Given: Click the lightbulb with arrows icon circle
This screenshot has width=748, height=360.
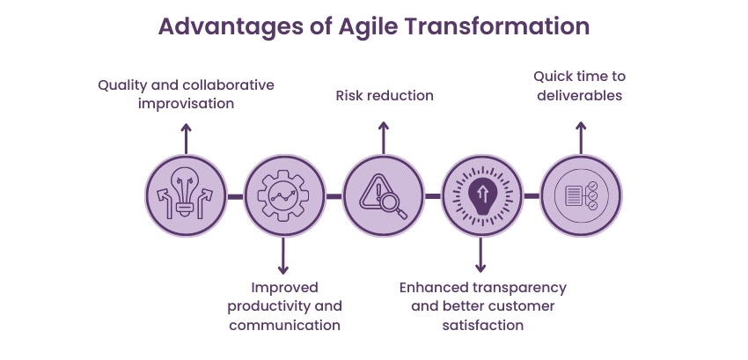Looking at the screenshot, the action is [186, 195].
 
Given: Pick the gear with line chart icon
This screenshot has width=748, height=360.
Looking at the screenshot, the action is [285, 195].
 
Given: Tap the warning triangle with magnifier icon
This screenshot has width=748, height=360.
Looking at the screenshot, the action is [384, 195].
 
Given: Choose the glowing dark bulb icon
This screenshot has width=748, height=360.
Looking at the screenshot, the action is [482, 195].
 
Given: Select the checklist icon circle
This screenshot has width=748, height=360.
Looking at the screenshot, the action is [581, 195].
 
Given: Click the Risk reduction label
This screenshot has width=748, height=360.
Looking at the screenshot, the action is [385, 95].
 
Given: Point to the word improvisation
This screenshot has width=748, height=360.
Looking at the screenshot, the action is [186, 104].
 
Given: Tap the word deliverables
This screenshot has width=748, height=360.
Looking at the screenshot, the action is [580, 95].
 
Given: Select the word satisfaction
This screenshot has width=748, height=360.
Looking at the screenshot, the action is [483, 325].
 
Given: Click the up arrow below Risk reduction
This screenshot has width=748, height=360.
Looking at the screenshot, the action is [384, 138].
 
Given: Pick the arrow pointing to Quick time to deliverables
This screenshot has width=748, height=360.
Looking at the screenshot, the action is [581, 138].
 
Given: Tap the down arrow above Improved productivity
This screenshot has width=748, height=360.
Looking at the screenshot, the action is [283, 256].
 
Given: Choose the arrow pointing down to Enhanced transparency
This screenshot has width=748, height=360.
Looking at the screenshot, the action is [480, 255].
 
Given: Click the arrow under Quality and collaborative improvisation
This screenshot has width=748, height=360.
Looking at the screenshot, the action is [186, 139].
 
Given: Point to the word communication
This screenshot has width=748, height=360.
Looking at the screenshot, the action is [285, 325].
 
